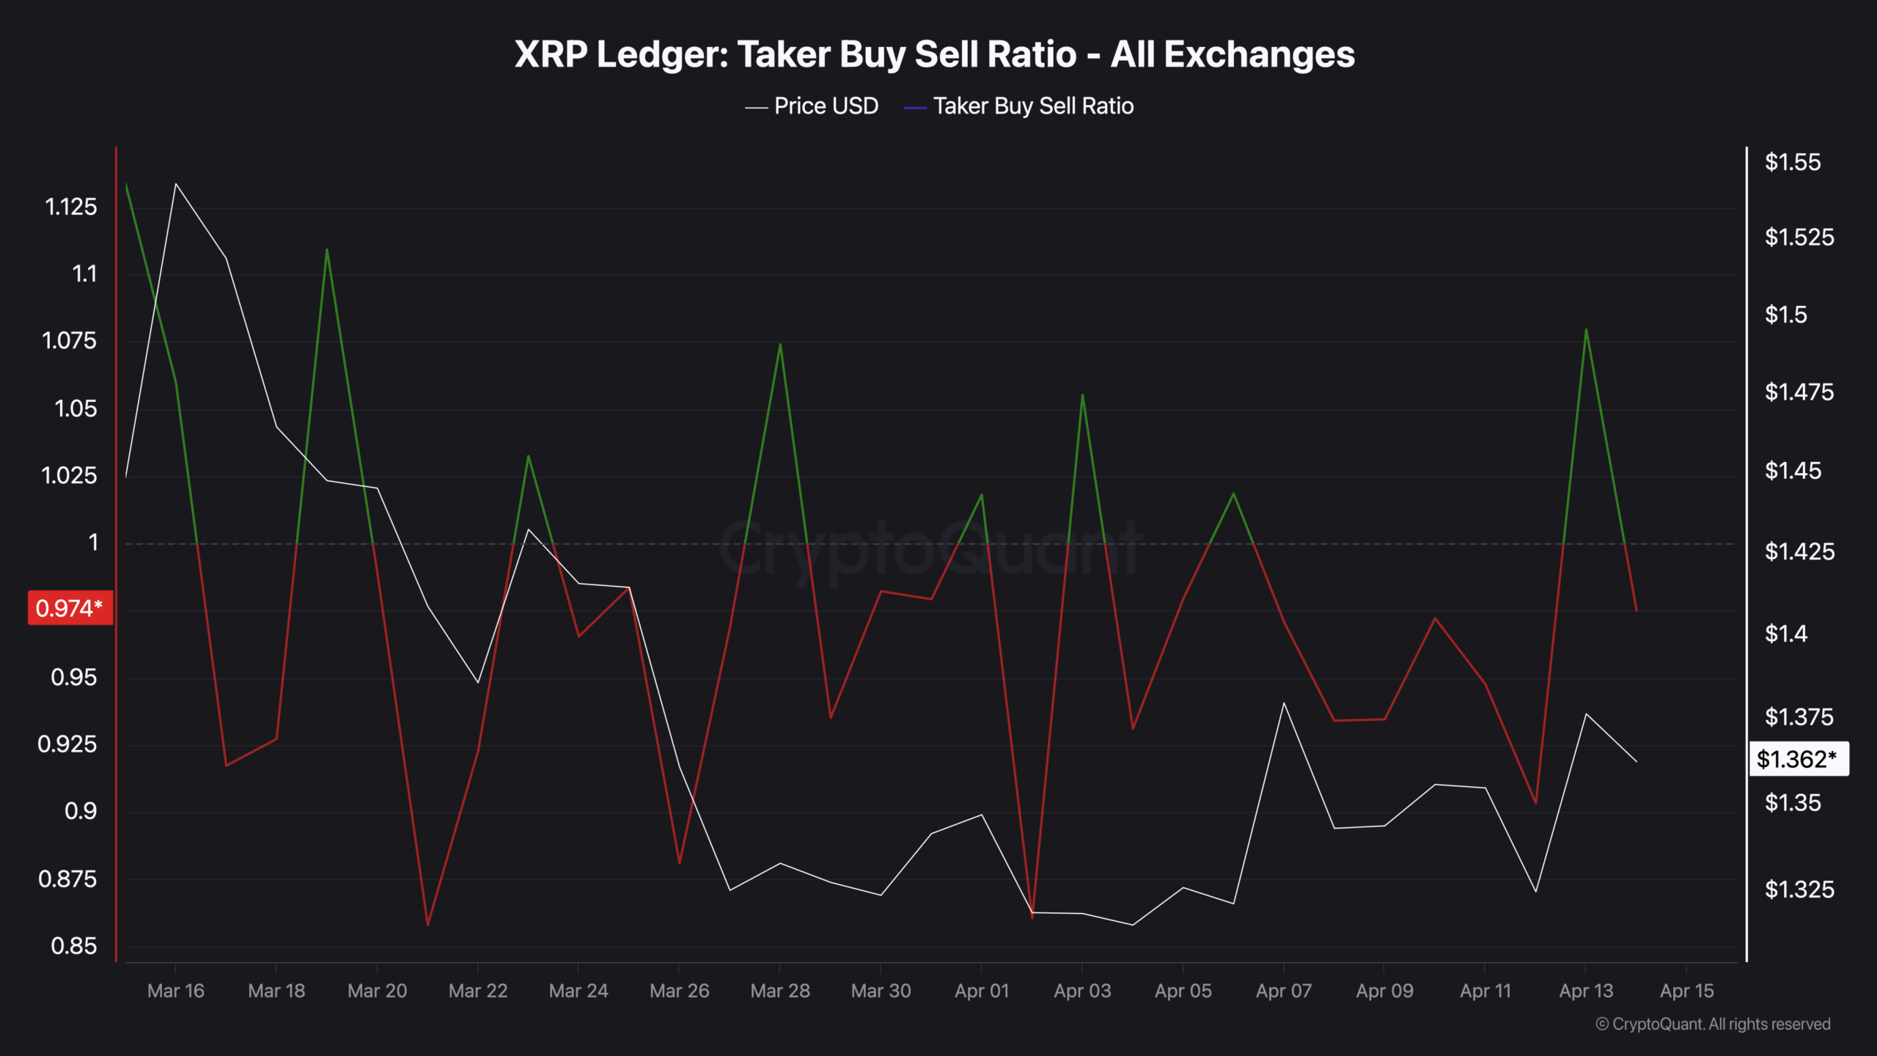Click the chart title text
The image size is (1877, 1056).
tap(934, 54)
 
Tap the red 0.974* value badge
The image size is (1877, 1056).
tap(70, 608)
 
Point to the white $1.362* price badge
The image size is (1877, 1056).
tap(1798, 759)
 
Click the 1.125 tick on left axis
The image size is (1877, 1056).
tap(70, 207)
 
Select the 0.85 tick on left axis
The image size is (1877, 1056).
tap(73, 946)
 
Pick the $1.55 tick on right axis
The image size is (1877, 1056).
tap(1792, 162)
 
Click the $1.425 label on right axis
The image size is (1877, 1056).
tap(1799, 551)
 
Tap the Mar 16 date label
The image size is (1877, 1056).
tap(175, 991)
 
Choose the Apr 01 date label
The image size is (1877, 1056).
tap(981, 991)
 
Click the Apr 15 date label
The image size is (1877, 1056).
tap(1686, 991)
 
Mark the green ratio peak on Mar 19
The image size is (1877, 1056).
tap(327, 250)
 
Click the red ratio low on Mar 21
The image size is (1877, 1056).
tap(427, 925)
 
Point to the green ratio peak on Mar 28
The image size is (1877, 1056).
tap(780, 344)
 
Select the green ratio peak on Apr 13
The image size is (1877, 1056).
tap(1586, 329)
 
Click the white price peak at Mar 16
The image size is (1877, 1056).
tap(176, 184)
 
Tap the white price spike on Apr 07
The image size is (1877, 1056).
tap(1284, 703)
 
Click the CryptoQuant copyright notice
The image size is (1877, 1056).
tap(1713, 1024)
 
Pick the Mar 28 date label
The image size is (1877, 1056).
tap(779, 991)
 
